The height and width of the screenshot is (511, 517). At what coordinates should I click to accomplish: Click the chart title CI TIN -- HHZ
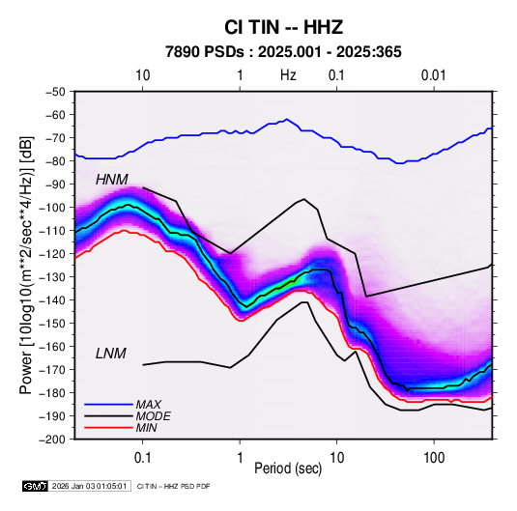point(283,27)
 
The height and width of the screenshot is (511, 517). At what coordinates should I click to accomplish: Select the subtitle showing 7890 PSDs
point(283,52)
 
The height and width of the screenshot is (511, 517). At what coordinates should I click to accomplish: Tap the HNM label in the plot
point(112,180)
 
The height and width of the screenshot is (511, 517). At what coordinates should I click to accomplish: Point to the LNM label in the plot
point(111,354)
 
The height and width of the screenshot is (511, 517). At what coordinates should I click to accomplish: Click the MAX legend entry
point(149,405)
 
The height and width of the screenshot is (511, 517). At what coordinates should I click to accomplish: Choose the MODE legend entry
point(153,416)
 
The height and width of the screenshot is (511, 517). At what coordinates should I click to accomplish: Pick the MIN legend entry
point(146,428)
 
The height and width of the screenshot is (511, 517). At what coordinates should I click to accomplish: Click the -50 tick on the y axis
point(55,92)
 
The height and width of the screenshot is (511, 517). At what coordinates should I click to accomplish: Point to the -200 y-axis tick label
point(52,440)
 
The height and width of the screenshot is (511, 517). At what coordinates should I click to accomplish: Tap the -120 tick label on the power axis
point(52,254)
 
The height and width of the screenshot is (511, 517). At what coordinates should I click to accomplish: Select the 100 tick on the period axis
point(434,458)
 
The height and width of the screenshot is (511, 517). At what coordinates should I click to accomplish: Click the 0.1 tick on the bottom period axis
point(142,458)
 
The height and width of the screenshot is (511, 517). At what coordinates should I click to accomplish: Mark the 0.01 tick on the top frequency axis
point(434,75)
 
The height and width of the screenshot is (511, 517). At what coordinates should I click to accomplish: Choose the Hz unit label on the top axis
point(288,75)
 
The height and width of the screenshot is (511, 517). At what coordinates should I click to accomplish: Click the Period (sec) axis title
point(288,468)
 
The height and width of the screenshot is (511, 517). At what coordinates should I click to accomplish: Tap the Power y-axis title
point(26,265)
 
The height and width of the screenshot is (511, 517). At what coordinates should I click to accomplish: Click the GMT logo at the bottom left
point(36,486)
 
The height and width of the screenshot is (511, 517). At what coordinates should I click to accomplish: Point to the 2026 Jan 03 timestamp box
point(89,486)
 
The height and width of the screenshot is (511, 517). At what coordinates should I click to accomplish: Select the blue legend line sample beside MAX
point(108,405)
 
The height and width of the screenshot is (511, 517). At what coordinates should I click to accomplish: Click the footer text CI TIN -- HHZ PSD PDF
point(173,486)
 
